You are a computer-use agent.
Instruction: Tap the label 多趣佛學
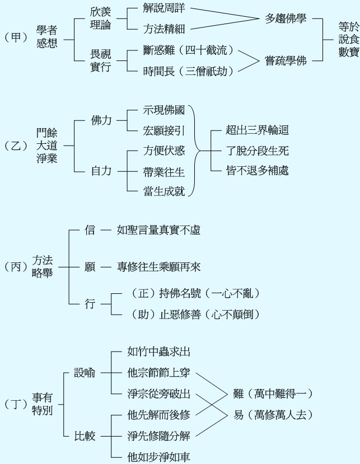(286, 18)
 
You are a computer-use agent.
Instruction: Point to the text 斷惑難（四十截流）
(188, 50)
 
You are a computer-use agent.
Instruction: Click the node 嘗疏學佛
(286, 60)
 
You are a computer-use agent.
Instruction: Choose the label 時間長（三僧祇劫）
(188, 71)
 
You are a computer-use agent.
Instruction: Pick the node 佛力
(101, 120)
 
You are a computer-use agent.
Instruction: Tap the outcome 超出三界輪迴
(257, 131)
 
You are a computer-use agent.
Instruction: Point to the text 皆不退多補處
(257, 171)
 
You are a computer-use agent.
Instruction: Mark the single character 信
(90, 229)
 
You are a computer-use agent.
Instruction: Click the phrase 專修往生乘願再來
(158, 268)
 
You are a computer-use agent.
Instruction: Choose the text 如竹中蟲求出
(159, 352)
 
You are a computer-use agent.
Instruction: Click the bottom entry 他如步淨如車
(159, 456)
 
